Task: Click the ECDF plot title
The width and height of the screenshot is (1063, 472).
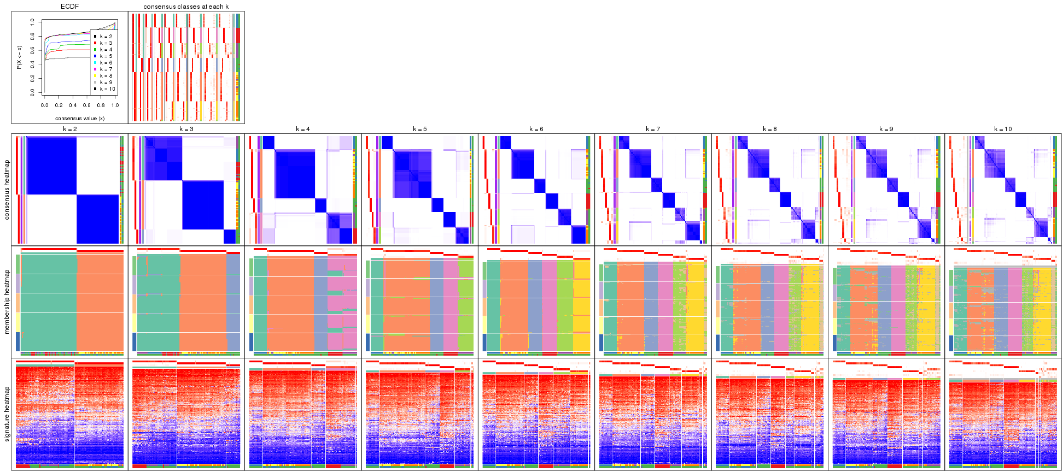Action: [x=69, y=7]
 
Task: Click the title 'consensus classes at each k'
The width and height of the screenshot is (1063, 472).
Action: [x=186, y=7]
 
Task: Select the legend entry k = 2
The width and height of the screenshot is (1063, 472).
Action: [x=106, y=37]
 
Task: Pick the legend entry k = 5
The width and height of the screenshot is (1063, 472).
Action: [x=106, y=56]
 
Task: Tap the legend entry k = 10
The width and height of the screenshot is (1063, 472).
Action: [x=107, y=89]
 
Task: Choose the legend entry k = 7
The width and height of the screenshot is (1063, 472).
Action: [x=106, y=69]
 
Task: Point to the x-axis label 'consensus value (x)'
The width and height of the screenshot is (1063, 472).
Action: [x=80, y=118]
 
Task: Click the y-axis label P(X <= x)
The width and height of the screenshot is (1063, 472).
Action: [x=19, y=57]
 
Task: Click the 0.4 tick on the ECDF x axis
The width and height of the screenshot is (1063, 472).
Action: [x=73, y=105]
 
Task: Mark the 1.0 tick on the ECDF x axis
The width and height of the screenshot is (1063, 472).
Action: [x=115, y=105]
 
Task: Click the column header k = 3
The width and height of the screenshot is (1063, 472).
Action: [x=186, y=129]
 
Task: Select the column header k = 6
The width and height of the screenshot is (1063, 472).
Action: [x=536, y=129]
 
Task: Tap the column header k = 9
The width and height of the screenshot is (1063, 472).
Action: [x=886, y=129]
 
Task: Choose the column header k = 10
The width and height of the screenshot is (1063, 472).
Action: [x=1002, y=129]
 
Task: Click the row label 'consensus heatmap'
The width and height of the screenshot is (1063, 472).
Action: [x=7, y=190]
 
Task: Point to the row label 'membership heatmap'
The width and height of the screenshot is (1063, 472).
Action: [x=7, y=302]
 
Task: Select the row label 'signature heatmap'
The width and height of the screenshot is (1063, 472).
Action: [x=7, y=414]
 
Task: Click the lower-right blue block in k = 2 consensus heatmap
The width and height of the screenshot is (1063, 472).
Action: [x=97, y=219]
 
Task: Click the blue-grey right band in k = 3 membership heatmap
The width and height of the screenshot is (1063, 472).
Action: [x=232, y=303]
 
